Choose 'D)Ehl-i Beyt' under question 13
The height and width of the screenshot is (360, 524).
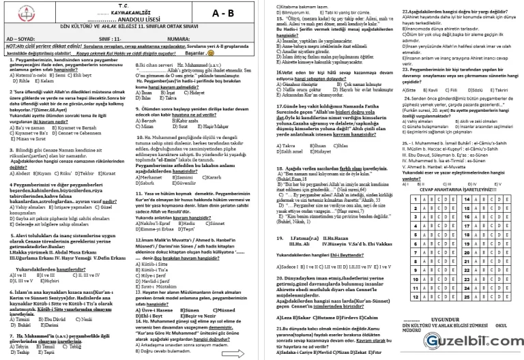click(x=150, y=297)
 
